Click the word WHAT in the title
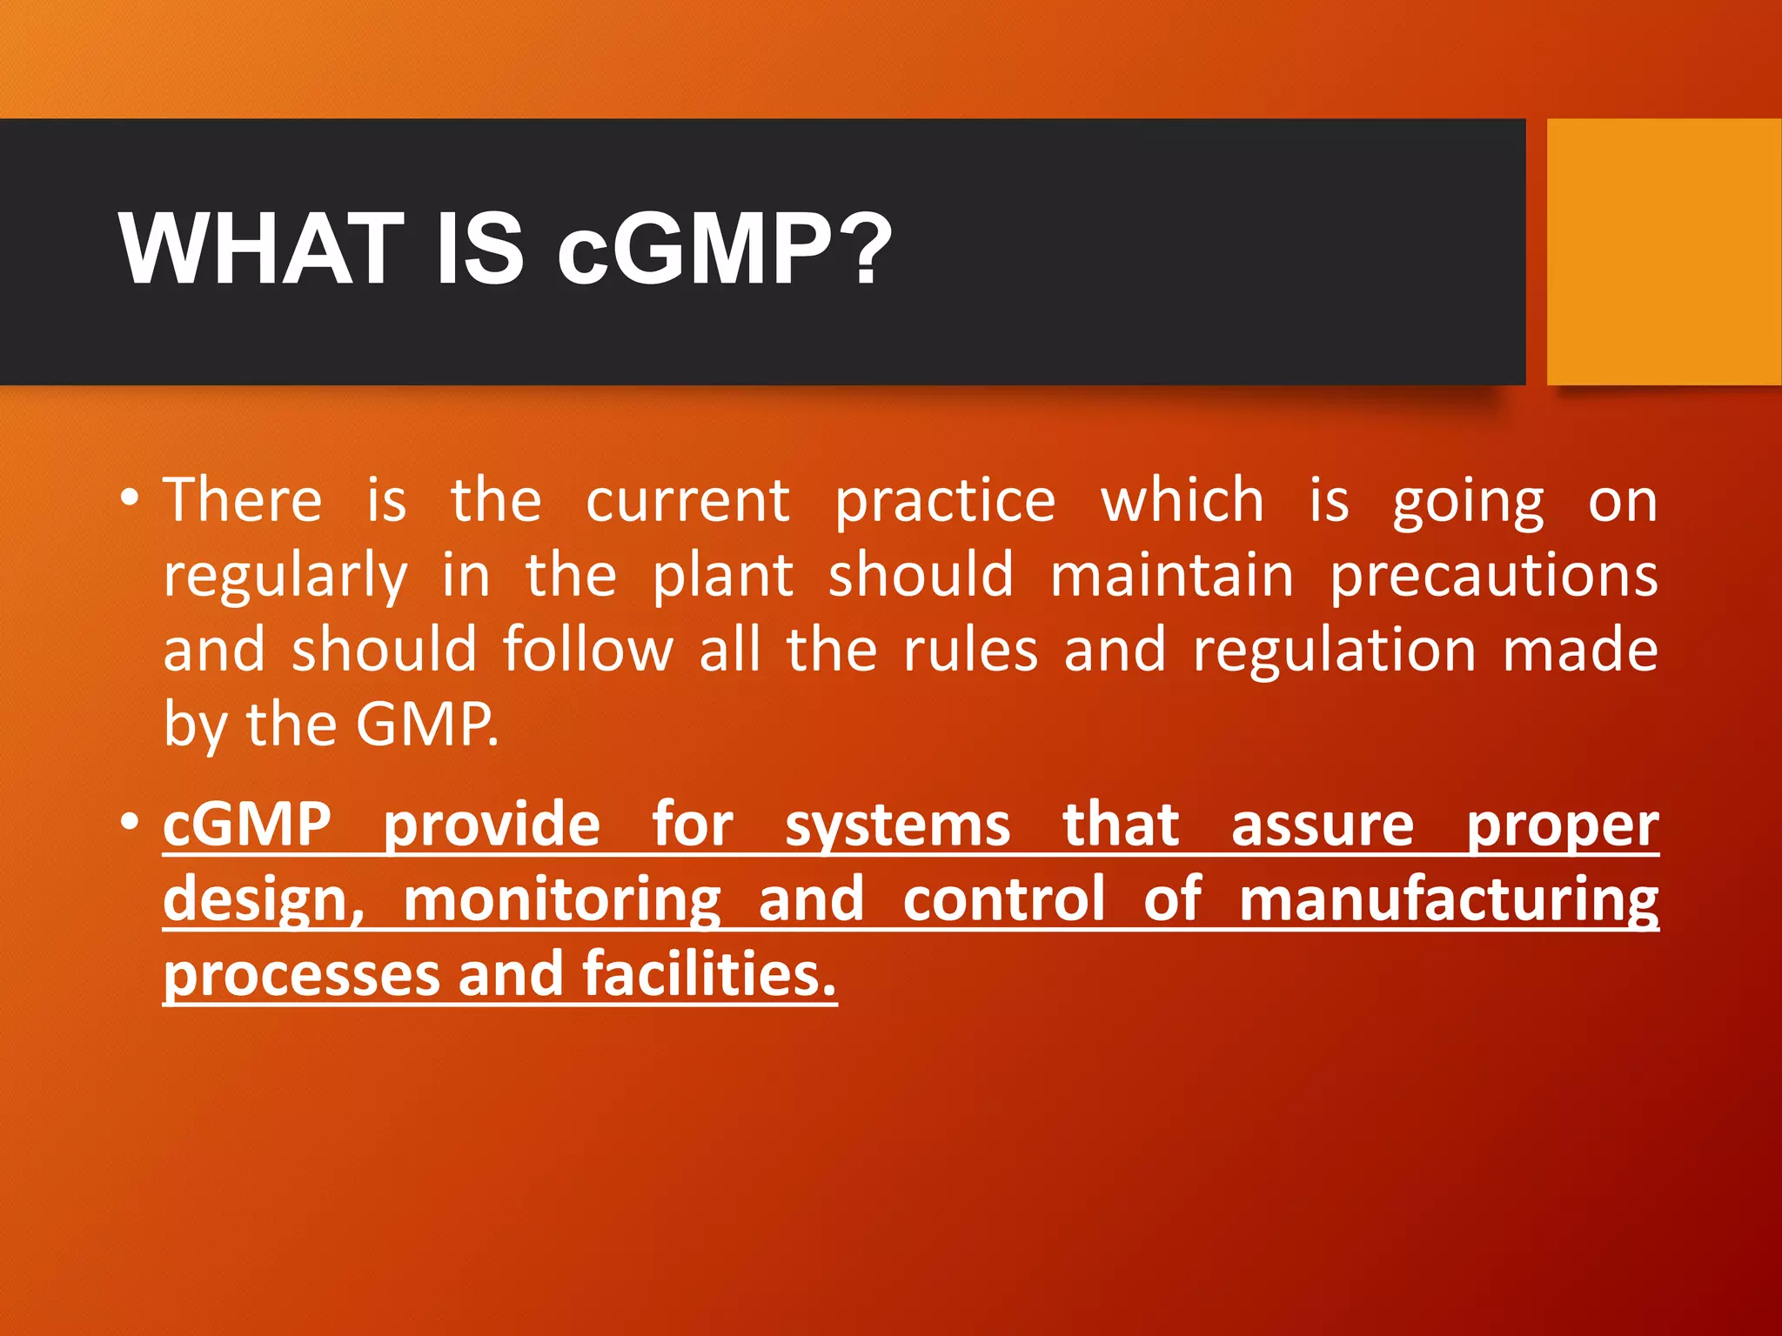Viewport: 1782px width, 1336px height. coord(261,250)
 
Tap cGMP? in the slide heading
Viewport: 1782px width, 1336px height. coord(724,250)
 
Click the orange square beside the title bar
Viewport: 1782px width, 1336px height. coord(1664,252)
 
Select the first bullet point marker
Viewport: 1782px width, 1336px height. coord(130,499)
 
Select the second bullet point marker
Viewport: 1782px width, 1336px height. coord(130,821)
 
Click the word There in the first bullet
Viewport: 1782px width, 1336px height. coord(243,501)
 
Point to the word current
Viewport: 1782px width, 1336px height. coord(687,501)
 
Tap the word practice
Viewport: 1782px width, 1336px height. coord(945,503)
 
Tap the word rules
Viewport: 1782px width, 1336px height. coord(970,651)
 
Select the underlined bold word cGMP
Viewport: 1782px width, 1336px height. coord(247,825)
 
